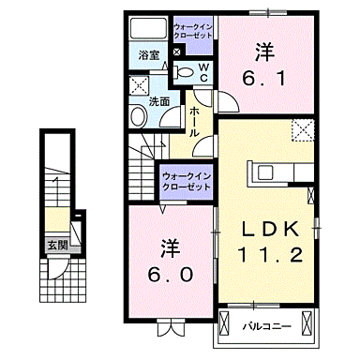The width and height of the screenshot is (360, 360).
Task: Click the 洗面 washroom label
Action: [157, 100]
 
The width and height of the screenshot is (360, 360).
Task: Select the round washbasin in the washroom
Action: [138, 116]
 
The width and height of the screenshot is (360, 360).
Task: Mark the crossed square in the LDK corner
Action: [303, 130]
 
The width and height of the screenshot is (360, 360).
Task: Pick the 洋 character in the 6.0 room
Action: [169, 248]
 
